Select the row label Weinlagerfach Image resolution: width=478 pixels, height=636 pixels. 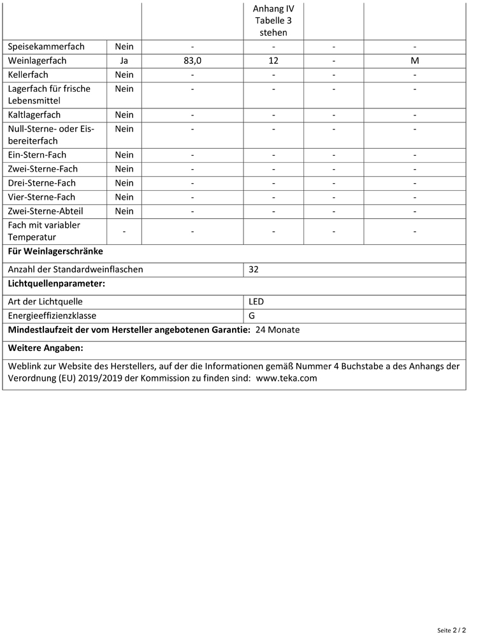37,61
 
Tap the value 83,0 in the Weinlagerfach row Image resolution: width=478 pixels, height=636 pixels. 192,61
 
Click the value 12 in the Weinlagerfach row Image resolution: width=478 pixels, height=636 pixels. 273,61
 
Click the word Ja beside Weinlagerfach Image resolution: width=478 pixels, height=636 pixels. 124,61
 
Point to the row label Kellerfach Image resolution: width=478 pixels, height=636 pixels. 28,75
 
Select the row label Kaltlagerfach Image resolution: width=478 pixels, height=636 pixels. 34,115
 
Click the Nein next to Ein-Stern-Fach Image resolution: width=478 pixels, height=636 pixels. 124,155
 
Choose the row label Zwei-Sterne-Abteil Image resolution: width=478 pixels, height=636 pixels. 45,211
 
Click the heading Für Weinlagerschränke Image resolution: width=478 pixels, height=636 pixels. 55,251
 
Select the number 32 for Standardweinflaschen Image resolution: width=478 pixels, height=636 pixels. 254,269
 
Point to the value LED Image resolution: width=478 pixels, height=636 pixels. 256,301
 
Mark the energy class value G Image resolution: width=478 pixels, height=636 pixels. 252,315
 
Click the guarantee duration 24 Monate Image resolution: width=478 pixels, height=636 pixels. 277,330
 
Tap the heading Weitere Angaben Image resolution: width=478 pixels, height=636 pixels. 45,348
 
